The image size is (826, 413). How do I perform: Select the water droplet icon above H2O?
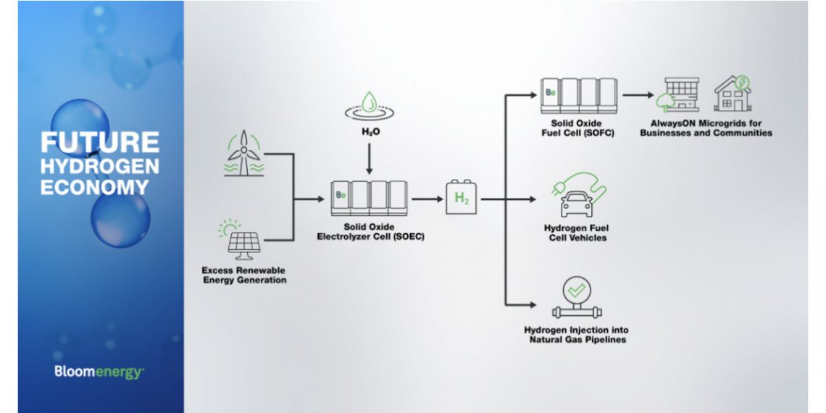[x=369, y=106]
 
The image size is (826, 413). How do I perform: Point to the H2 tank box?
[x=462, y=198]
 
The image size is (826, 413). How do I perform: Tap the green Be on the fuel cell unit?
[x=551, y=93]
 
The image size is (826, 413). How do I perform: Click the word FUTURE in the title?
[x=100, y=141]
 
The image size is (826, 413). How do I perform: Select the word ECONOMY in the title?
[x=94, y=187]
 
